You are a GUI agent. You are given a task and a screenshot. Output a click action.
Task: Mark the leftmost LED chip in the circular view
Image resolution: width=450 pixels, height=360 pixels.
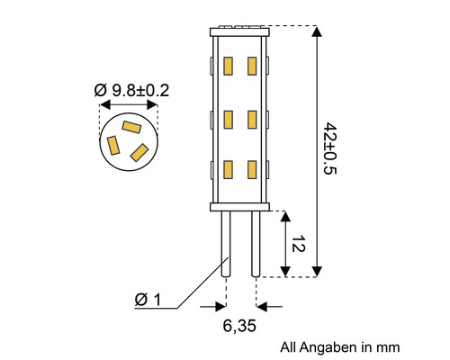[113, 144]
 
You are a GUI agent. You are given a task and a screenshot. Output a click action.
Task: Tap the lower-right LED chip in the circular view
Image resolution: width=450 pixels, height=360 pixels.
[139, 151]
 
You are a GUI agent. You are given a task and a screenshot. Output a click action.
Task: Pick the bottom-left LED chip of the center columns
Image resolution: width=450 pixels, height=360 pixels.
[228, 169]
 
